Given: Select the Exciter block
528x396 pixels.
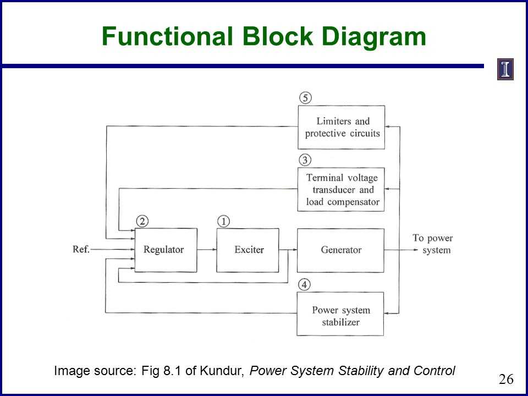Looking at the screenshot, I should pos(248,250).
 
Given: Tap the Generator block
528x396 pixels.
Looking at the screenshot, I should pos(340,250).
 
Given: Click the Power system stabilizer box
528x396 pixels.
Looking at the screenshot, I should pos(340,316).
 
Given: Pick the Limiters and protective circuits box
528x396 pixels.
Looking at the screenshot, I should pos(340,127).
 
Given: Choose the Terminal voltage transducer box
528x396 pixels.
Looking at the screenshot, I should pos(340,190).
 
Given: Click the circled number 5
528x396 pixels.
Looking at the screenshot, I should pos(305,98).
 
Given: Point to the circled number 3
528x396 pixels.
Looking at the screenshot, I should pos(305,160).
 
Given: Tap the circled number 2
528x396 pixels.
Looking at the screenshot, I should pos(142,221).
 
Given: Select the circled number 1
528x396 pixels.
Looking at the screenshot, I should pos(223,221).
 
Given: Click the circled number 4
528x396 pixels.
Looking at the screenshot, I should pos(305,284).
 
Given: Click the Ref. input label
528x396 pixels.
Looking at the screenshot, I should pos(81,249).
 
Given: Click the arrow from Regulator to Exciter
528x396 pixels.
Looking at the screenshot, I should pos(206,250).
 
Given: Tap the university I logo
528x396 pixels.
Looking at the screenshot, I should pos(505,69).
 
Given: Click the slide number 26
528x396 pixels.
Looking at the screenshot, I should pos(505,379).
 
